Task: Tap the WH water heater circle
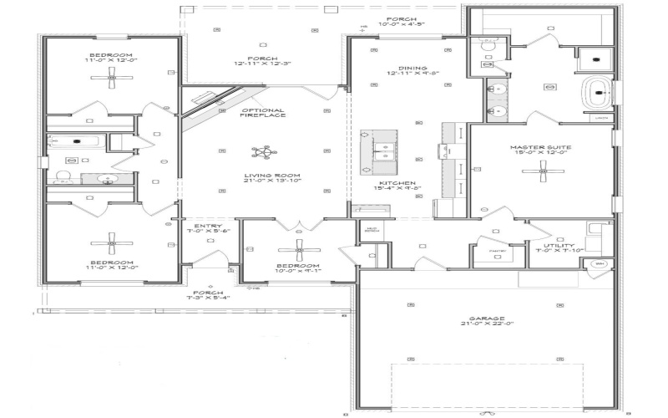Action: [599, 264]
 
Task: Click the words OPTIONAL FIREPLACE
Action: [263, 112]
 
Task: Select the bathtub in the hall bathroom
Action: [74, 141]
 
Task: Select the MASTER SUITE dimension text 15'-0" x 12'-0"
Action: [539, 152]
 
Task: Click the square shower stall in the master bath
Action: [595, 56]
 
